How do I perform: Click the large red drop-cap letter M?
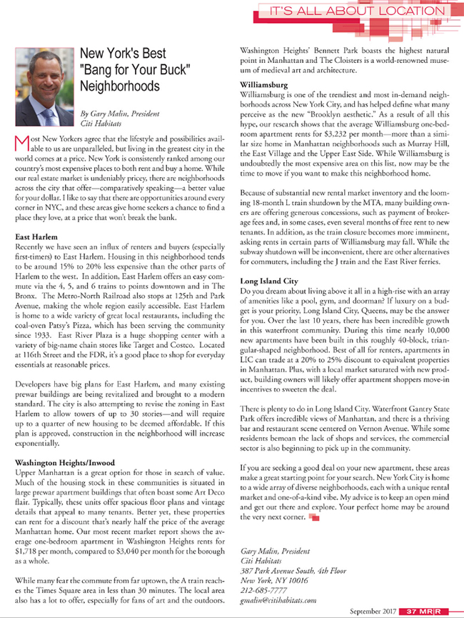click(x=21, y=142)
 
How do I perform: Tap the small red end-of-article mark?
click(x=313, y=517)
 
